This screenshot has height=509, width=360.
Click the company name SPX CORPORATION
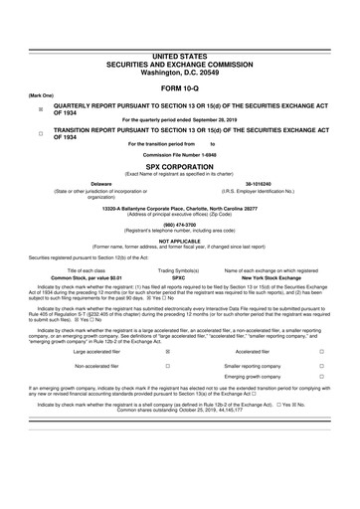(180, 167)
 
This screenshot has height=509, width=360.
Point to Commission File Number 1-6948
(180, 157)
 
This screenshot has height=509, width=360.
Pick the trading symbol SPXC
(179, 278)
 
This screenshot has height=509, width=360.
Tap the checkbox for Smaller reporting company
(321, 366)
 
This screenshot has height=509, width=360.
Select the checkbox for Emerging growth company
(321, 379)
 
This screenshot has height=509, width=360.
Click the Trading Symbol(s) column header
(179, 270)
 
